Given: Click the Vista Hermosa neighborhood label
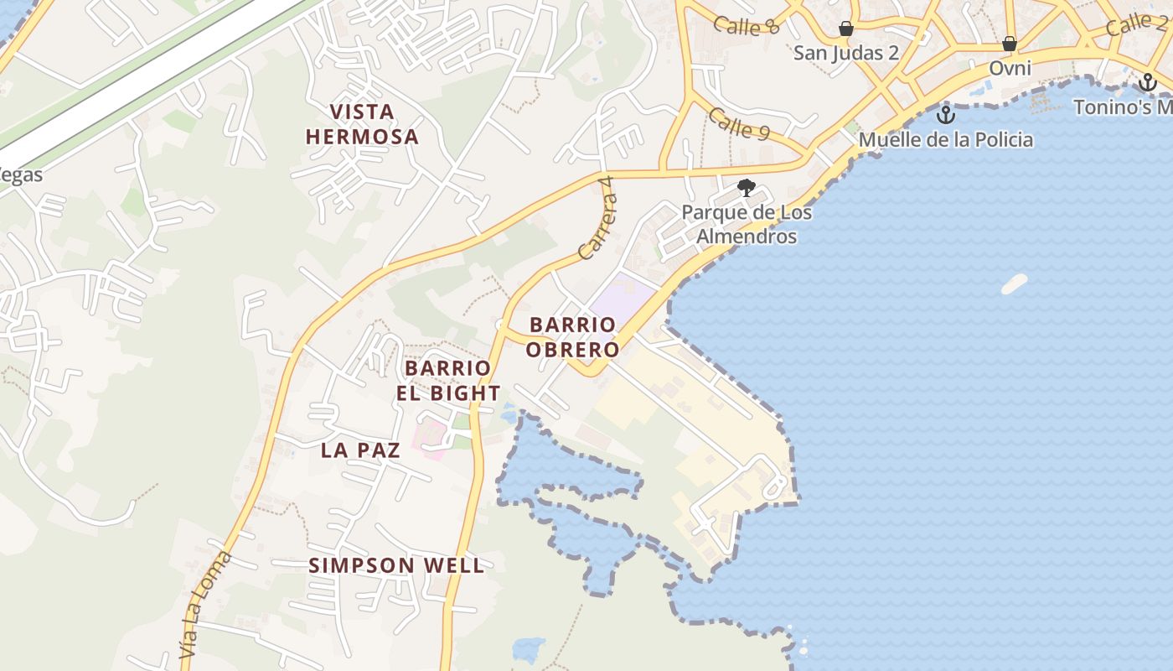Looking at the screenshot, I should [x=361, y=124].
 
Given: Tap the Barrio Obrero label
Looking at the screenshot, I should [x=573, y=336].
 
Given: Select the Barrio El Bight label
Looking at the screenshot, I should [x=448, y=380].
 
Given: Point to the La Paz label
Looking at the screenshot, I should [x=360, y=450].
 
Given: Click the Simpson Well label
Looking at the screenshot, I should [x=396, y=565].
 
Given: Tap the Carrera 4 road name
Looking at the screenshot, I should [x=597, y=221].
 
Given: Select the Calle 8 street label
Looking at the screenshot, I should [x=747, y=25].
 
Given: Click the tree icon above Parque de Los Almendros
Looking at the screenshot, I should [x=746, y=188].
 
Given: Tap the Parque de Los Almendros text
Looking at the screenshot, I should [x=746, y=224].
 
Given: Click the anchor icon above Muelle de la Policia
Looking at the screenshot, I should [x=946, y=115].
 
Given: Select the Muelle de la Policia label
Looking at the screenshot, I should [x=946, y=139].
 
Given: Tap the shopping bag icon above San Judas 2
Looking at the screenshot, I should [x=846, y=29].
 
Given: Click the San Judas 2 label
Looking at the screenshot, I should [x=846, y=53].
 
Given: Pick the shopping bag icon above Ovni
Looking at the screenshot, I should [x=1010, y=44].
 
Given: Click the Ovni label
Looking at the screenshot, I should [x=1010, y=67].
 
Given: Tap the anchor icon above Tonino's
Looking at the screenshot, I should [x=1148, y=82].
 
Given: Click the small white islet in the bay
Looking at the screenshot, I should [x=1014, y=283].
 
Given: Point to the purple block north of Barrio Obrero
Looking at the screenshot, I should [x=624, y=294].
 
